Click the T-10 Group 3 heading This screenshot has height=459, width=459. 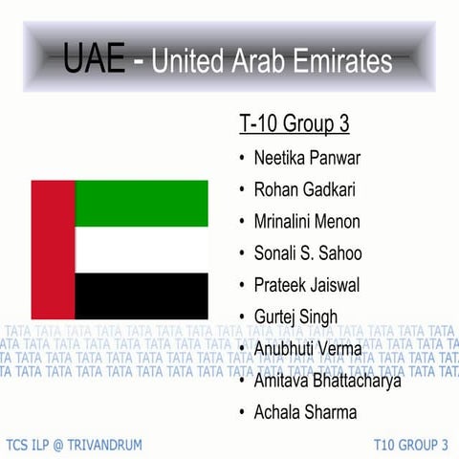294,124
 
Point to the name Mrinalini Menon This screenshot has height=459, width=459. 307,221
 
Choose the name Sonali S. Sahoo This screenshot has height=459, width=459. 308,252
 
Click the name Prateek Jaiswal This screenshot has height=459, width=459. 306,284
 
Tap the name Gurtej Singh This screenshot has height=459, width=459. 295,317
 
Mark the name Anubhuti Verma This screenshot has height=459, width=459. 308,348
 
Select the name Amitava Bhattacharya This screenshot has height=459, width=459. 327,381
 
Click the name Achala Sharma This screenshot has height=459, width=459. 305,412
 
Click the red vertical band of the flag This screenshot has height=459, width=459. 54,250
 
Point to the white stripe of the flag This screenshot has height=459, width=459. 142,250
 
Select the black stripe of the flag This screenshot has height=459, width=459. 142,296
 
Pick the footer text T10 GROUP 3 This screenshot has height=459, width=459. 410,445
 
